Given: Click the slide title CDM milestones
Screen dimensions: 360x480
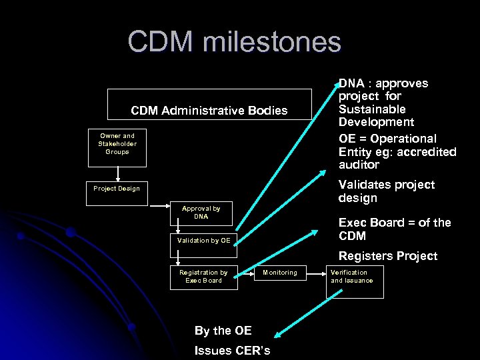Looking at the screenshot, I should click(234, 42).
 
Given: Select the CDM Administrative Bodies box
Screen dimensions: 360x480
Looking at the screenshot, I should click(209, 109).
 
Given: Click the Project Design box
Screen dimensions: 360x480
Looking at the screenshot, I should click(117, 189).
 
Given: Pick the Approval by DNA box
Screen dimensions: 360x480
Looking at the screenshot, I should click(201, 212).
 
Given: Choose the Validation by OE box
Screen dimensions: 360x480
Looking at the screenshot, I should click(203, 240).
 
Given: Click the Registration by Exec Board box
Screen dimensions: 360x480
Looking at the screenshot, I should click(203, 276).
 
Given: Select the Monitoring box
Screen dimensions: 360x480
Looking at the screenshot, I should click(280, 273).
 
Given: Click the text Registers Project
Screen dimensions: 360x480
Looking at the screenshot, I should click(388, 256).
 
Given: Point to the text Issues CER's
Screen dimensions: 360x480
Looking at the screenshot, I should click(232, 351).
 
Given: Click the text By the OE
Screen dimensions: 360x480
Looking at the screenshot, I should click(223, 331).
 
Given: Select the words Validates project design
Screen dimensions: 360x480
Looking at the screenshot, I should click(386, 191).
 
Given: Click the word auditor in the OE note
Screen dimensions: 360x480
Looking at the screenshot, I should click(359, 165).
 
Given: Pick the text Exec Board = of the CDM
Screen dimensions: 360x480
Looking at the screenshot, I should click(395, 229).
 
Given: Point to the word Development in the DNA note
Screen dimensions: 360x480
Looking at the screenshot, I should click(376, 122).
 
